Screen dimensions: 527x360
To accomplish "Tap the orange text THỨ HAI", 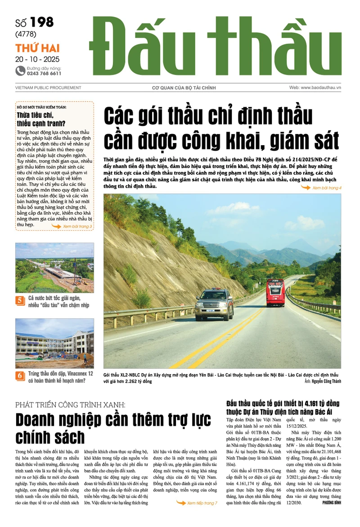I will [37, 49].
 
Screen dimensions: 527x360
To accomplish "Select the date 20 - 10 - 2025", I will [37, 59].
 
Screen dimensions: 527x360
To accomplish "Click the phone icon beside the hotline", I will [20, 70].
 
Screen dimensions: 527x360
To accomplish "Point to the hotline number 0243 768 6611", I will [44, 73].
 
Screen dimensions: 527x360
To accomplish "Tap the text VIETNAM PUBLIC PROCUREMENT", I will [48, 88].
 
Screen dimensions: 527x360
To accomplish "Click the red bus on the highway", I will [275, 293].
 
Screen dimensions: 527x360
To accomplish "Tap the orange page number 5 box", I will [20, 300].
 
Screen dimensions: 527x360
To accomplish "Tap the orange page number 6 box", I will [20, 375].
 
